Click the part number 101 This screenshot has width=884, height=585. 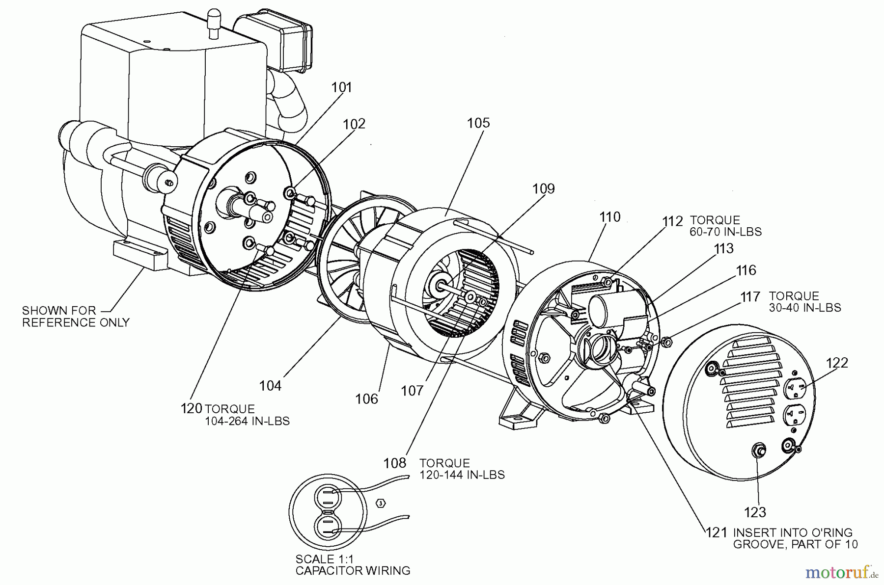(x=342, y=87)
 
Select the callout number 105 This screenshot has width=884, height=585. (x=478, y=123)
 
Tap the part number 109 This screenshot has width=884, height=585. (x=543, y=189)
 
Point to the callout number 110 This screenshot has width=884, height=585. (x=609, y=217)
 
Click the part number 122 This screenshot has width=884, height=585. (x=837, y=363)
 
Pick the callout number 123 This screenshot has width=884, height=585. (x=755, y=512)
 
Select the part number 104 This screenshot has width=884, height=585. (x=270, y=386)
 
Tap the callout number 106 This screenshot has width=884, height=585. (x=367, y=399)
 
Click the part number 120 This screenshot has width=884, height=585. (x=192, y=408)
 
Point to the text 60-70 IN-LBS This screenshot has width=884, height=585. (x=725, y=232)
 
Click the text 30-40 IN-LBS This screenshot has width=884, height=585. (x=805, y=308)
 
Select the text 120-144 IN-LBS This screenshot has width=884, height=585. (x=462, y=475)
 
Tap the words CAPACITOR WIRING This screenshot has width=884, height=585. (x=353, y=570)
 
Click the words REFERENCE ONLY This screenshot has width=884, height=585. (x=76, y=322)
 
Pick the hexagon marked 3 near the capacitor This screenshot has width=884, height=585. (x=381, y=503)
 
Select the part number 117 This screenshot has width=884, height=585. (x=750, y=297)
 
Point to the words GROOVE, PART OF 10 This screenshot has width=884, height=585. (x=795, y=544)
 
